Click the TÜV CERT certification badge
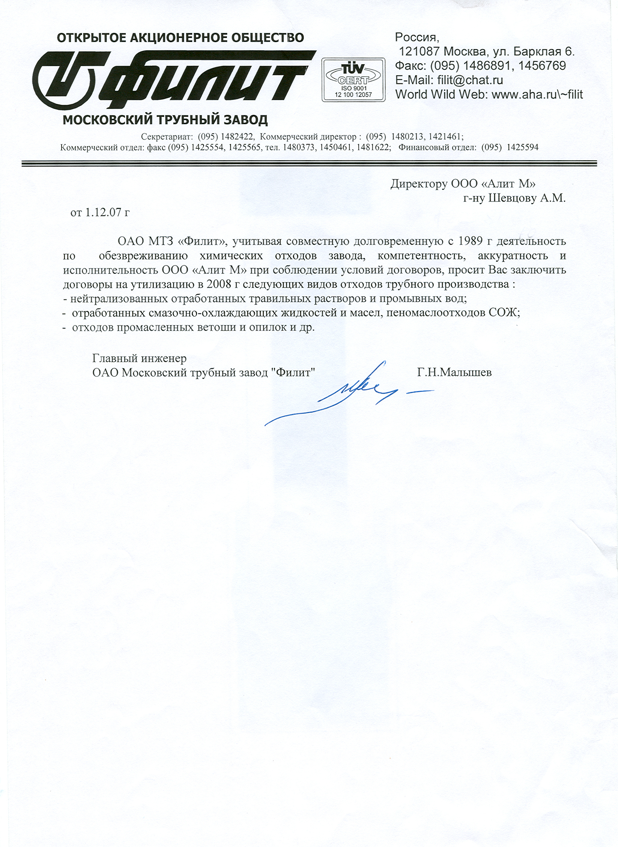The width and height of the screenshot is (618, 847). (x=353, y=79)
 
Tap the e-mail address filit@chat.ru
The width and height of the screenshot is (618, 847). (x=470, y=80)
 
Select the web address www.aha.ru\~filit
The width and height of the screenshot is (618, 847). (x=537, y=94)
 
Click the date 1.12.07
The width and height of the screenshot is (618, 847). (x=103, y=212)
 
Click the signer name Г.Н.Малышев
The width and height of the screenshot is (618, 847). (x=455, y=372)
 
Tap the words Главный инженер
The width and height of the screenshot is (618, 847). (x=139, y=358)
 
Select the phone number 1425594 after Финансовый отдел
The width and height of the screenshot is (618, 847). (x=522, y=147)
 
